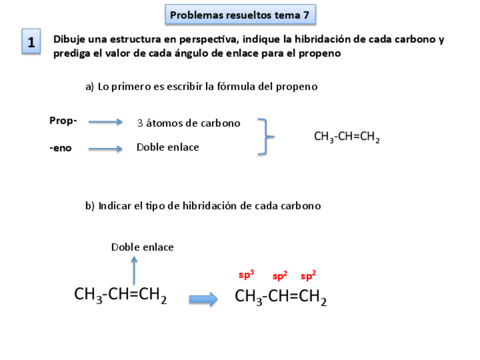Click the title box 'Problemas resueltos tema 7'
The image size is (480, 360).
[x=240, y=15]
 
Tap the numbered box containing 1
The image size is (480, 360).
[x=31, y=42]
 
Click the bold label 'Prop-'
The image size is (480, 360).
[x=63, y=121]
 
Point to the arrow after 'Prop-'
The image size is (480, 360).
[x=105, y=122]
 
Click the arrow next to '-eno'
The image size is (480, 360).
[x=105, y=149]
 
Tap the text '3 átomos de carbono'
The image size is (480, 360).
[x=188, y=123]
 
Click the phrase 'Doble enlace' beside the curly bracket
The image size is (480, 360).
[x=168, y=147]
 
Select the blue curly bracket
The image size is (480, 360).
[x=265, y=136]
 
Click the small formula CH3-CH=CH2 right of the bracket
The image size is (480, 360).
[x=346, y=137]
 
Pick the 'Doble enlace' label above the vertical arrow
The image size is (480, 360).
[x=142, y=247]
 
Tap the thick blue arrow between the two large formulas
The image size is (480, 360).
[x=203, y=299]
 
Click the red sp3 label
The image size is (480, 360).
[x=246, y=275]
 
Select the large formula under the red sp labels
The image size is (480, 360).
[x=281, y=297]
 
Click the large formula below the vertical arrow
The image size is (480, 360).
[x=121, y=295]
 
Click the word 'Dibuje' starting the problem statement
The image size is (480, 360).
[x=68, y=40]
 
